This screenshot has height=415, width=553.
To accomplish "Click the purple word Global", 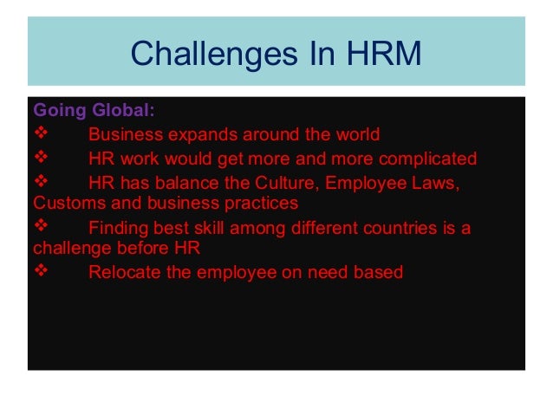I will [x=124, y=112].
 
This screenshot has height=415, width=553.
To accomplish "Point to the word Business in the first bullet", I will [x=125, y=135].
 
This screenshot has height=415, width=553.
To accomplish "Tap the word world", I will [x=355, y=135].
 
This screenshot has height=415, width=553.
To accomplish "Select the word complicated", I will [x=425, y=159].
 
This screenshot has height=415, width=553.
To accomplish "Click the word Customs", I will [x=66, y=204].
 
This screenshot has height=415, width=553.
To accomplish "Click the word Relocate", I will [x=126, y=272].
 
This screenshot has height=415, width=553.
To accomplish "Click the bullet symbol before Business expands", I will [x=40, y=135].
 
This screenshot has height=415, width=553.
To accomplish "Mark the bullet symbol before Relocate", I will [x=40, y=272].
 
